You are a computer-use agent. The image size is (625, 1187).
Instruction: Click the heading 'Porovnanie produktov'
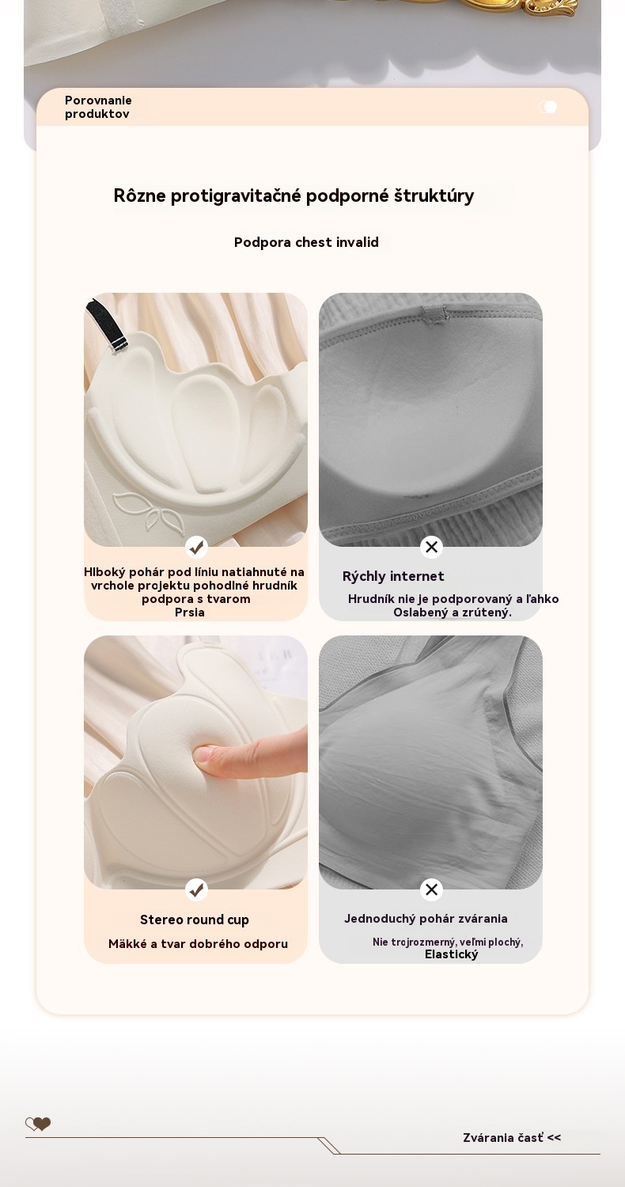98,107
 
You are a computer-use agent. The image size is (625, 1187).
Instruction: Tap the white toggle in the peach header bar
548,107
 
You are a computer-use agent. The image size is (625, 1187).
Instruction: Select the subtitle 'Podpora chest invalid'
306,242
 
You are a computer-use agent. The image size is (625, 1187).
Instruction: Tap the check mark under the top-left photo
196,547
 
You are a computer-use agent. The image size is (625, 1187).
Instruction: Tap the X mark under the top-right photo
432,547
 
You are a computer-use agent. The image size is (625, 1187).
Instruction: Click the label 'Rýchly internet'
393,576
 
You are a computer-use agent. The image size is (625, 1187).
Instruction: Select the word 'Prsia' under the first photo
190,612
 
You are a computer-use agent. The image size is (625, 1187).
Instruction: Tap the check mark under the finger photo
196,889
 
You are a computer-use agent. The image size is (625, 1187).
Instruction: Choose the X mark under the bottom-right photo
432,889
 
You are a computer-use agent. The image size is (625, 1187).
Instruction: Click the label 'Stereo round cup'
195,920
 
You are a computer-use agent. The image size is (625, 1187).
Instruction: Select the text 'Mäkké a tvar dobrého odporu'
198,944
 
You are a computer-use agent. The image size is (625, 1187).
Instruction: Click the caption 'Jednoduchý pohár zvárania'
426,918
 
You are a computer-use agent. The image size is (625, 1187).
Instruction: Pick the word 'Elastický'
451,954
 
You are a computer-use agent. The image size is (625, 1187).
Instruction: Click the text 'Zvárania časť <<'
512,1138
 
